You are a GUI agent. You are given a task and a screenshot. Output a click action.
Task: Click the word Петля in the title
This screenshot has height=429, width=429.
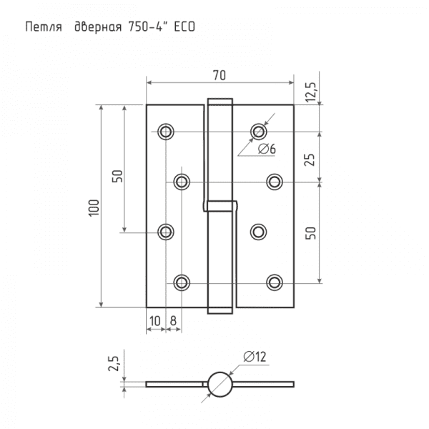[x=44, y=27]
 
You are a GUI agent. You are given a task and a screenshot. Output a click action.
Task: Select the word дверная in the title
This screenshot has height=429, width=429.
[x=98, y=28]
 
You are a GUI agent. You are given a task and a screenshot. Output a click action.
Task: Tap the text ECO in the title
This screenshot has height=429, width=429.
[x=184, y=27]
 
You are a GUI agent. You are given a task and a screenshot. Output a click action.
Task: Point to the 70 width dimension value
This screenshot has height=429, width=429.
[x=220, y=76]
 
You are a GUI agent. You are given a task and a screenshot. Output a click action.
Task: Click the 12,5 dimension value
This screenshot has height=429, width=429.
[x=310, y=92]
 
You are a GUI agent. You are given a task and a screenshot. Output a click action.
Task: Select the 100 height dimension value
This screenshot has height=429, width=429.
[x=94, y=208]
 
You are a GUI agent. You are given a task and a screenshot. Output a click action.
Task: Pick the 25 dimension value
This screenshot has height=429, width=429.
[x=310, y=159]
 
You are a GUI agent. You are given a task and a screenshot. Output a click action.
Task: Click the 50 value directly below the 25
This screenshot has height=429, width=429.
[x=310, y=233]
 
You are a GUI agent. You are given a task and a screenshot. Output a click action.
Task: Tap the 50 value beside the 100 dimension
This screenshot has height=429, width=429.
[x=117, y=176]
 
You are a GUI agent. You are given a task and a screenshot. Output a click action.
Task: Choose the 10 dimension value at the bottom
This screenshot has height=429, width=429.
[x=155, y=321]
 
